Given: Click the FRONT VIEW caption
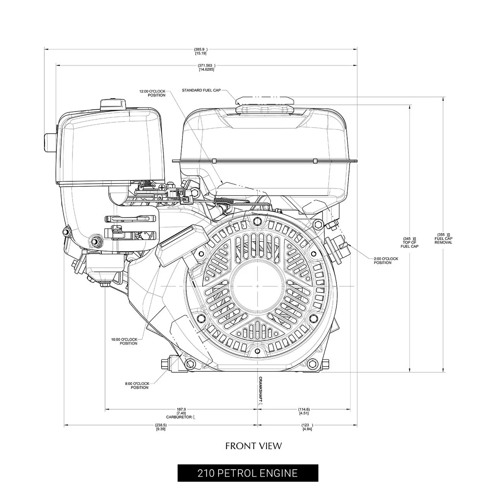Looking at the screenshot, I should [253, 446].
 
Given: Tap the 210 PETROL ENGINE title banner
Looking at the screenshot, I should [248, 473].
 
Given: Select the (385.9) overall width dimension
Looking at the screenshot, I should [200, 51].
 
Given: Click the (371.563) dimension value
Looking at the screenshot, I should [206, 67].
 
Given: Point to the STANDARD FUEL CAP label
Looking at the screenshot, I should [201, 90].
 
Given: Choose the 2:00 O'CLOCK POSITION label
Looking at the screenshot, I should [386, 261].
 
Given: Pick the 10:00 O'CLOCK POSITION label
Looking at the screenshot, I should [124, 341].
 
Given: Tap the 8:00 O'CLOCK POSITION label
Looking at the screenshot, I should [137, 386].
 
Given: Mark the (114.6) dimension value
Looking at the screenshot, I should [304, 412].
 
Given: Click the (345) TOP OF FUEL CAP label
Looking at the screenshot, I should [409, 243].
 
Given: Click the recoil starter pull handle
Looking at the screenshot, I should [181, 239].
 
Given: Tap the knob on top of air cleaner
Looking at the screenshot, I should [113, 105].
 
